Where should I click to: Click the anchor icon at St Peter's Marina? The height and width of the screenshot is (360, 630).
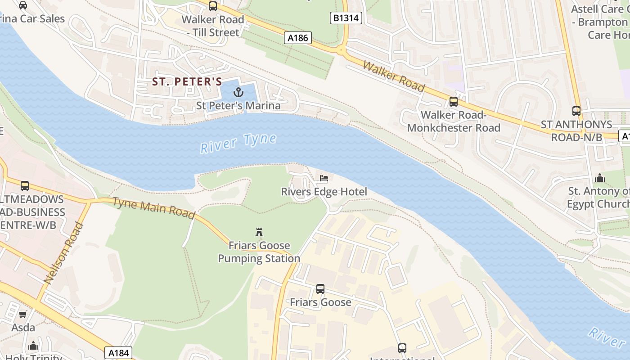(238, 92)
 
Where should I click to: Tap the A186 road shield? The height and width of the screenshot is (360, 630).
(298, 38)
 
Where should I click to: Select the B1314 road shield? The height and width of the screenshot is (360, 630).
(346, 18)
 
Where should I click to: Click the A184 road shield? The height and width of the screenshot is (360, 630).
(119, 353)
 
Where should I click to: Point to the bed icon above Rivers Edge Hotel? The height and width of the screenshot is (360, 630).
(324, 178)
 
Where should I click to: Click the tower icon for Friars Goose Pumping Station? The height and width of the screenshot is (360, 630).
(259, 232)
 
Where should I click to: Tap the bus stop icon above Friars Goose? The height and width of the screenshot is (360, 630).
(320, 288)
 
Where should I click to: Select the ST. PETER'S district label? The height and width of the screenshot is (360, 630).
(187, 81)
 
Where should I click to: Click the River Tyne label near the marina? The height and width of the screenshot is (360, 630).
(238, 143)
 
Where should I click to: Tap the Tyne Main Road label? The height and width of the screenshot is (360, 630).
(153, 208)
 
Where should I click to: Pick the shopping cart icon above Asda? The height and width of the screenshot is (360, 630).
(23, 314)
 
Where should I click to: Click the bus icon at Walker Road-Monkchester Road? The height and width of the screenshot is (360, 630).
(454, 101)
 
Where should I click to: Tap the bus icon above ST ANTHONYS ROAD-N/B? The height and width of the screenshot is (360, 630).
(576, 111)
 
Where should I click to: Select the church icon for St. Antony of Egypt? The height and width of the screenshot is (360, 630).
(599, 178)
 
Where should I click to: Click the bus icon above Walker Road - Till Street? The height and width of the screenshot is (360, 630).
(213, 6)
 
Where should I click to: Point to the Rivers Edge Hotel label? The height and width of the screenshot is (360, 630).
(324, 192)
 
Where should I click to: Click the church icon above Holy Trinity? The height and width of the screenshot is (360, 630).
(33, 346)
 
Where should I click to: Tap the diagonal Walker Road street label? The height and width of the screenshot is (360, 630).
(394, 76)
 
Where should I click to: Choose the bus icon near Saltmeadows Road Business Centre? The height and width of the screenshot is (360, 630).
(25, 185)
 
